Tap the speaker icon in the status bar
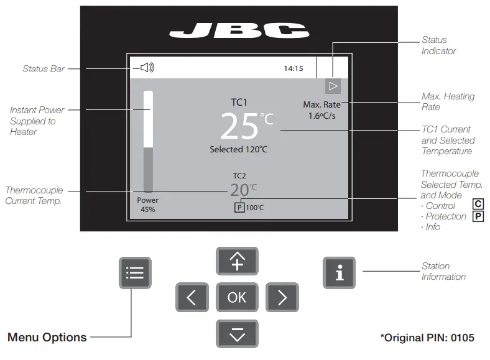[147, 68]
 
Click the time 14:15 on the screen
[294, 68]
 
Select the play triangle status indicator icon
[333, 86]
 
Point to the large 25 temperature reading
[239, 127]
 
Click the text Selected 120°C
[239, 149]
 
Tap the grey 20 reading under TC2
[239, 190]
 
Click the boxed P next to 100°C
[239, 208]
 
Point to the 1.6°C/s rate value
[321, 116]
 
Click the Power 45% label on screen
[148, 205]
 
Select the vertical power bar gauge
[148, 142]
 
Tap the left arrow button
[192, 297]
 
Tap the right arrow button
[282, 297]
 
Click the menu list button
[135, 272]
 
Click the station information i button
[339, 272]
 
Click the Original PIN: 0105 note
[427, 338]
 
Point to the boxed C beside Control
[478, 205]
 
